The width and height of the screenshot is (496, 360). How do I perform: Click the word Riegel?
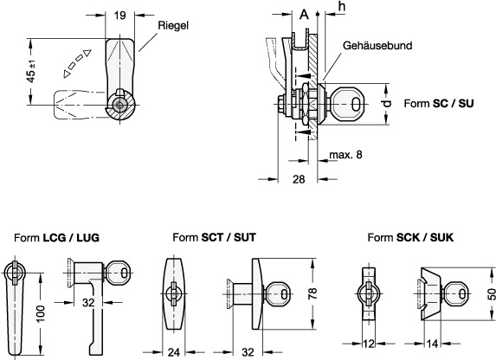(x=173, y=25)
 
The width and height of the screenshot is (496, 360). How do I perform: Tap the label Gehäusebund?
(x=377, y=46)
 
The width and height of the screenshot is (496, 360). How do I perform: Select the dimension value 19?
(x=119, y=15)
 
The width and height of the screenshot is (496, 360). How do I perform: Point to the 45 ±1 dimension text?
(x=31, y=72)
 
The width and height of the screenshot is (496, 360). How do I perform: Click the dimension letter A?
(x=304, y=14)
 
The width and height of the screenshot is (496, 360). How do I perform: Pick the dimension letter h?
(x=342, y=6)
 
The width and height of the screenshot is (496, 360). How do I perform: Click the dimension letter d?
(x=386, y=103)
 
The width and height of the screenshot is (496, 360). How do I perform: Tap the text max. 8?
(x=345, y=155)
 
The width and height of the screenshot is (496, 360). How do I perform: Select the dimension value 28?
(x=299, y=179)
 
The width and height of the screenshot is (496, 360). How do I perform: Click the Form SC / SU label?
(x=439, y=104)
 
